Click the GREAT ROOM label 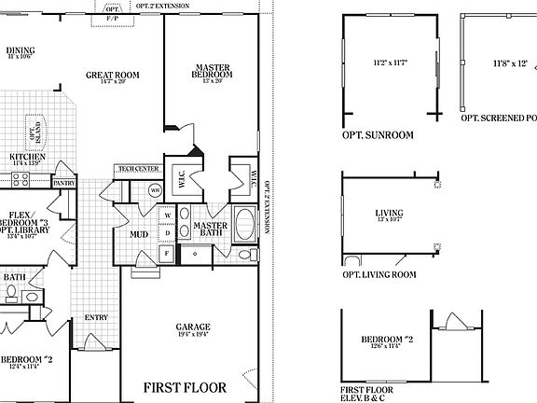click(113, 75)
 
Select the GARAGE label click(193, 327)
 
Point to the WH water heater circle click(156, 190)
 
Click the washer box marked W click(167, 215)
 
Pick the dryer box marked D click(167, 232)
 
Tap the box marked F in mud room click(167, 252)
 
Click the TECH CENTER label click(138, 170)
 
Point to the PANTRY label click(63, 184)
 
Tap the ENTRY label click(96, 318)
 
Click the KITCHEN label click(27, 157)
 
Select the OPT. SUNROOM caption click(378, 135)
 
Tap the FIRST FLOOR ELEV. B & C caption click(365, 394)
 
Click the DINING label click(20, 50)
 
